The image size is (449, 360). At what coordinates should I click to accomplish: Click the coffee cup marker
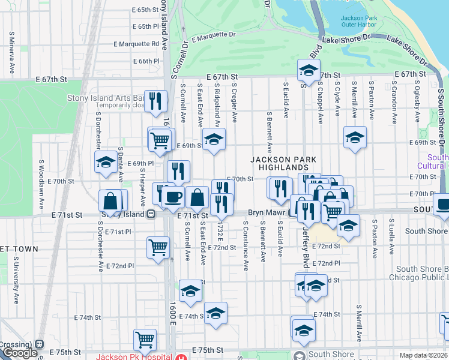(x=173, y=196)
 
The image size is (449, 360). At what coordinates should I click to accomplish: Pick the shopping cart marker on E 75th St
(x=145, y=340)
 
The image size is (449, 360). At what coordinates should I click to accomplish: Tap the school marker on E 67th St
(x=309, y=71)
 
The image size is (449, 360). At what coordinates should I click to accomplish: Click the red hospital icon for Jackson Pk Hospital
(x=181, y=356)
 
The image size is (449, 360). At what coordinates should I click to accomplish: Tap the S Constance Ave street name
(x=246, y=245)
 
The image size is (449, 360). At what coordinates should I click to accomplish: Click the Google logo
(x=19, y=353)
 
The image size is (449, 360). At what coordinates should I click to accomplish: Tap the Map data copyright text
(x=423, y=355)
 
